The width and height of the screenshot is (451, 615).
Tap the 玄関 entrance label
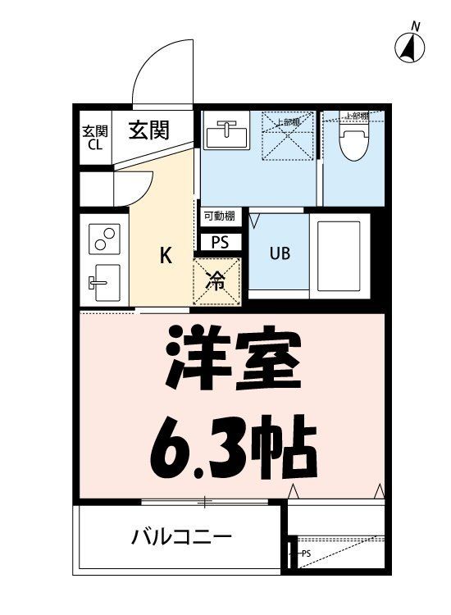(148, 130)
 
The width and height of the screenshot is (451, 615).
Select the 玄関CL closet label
(94, 139)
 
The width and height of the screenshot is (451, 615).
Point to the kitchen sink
(105, 283)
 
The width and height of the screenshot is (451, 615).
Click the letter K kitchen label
(165, 257)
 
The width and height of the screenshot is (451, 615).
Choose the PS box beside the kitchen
(220, 242)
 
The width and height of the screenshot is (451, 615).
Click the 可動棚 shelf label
(219, 216)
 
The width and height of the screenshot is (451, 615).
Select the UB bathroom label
(279, 253)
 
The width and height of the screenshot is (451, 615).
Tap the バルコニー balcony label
(181, 538)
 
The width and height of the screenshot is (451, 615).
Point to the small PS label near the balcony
(305, 553)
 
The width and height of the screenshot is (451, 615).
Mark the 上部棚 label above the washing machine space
(287, 122)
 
